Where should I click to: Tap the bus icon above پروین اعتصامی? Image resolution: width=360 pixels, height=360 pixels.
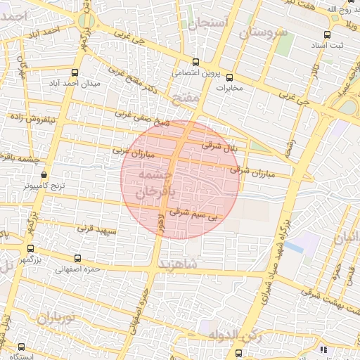[196, 61]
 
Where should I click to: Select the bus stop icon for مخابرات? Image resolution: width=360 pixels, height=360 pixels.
[229, 77]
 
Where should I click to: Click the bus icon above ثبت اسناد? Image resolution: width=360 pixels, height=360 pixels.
[327, 34]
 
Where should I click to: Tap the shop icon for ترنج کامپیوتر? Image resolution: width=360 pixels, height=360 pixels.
[44, 175]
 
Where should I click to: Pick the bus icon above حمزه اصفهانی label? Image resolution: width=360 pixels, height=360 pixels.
[77, 258]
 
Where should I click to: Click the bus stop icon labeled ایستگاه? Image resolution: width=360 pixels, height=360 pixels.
[22, 347]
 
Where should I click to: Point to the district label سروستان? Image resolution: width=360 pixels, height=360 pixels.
[263, 32]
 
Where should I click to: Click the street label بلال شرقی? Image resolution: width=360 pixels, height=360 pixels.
[217, 146]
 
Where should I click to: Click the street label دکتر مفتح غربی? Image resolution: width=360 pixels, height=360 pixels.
[140, 82]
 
